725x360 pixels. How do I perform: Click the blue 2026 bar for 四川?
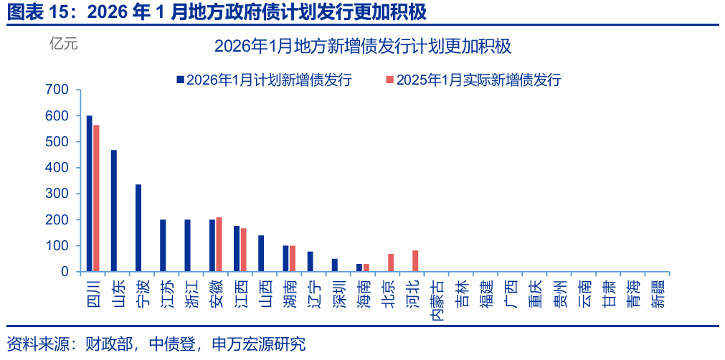pos(90,194)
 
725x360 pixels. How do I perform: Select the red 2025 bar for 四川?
pos(96,199)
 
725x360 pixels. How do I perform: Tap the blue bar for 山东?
pos(114,211)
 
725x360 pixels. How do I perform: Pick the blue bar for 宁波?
pos(138,228)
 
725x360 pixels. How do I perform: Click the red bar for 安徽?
pos(219,245)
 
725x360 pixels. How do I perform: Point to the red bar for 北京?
pos(391,263)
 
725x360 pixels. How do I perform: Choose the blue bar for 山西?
pos(261,254)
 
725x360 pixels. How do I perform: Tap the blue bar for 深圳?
pos(335,265)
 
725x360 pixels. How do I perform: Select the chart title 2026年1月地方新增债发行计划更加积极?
pos(362,47)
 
